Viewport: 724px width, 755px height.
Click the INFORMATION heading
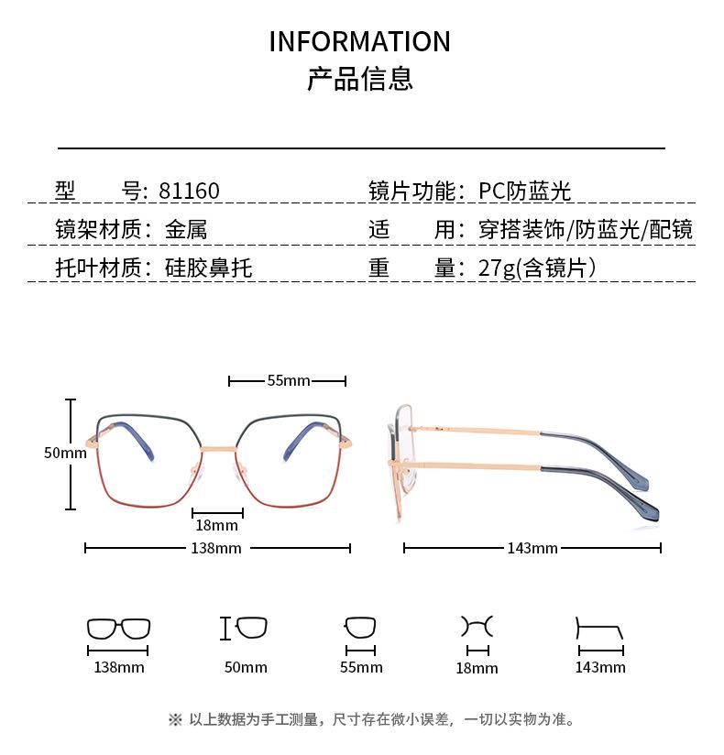[360, 42]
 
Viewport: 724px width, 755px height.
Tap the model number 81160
[189, 191]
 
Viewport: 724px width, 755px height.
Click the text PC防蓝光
[525, 191]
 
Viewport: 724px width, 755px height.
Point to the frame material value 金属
[186, 230]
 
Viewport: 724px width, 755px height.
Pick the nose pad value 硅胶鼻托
[208, 268]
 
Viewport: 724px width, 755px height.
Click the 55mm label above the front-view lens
[288, 381]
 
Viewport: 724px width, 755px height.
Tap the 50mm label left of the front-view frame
[64, 453]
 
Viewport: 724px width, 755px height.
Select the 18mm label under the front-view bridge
[217, 526]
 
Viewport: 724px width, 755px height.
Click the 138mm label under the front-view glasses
[217, 549]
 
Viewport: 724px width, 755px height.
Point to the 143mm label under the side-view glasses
[532, 549]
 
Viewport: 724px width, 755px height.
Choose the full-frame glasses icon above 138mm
[118, 629]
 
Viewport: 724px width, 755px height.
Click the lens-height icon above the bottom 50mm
[245, 629]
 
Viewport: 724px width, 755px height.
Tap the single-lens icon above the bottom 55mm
[360, 629]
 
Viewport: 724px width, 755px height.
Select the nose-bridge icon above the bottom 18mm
[477, 628]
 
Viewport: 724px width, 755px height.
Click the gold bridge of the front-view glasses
[217, 449]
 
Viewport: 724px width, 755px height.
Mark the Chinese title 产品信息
[360, 80]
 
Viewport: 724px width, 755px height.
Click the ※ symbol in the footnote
[175, 720]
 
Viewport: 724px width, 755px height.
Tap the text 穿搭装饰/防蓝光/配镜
[586, 230]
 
